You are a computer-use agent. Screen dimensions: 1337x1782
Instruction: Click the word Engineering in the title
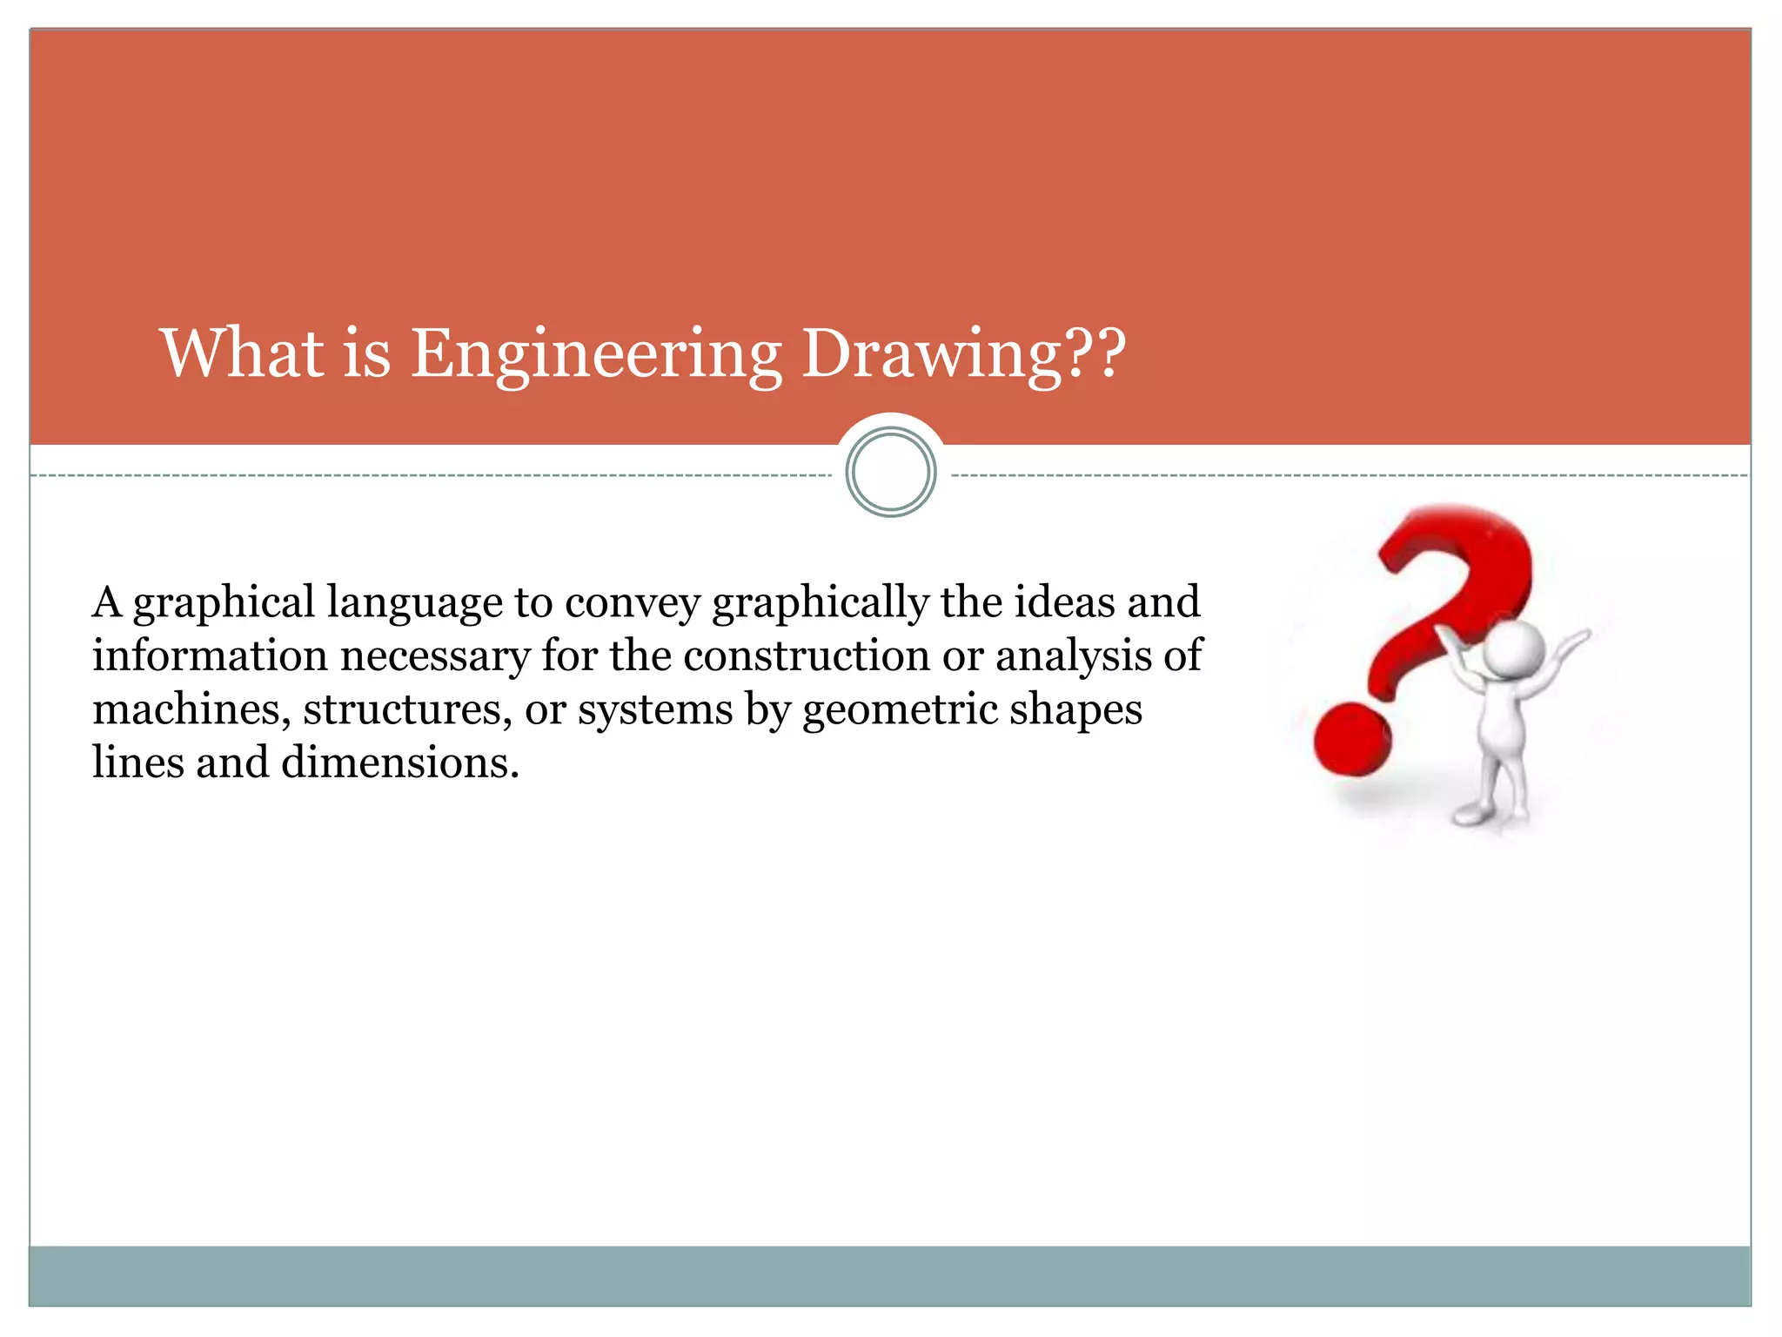pos(595,355)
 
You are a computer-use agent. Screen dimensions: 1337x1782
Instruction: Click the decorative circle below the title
pos(890,473)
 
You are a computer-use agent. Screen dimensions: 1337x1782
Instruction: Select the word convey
pos(633,604)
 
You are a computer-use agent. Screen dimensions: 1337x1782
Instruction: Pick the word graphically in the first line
pos(821,604)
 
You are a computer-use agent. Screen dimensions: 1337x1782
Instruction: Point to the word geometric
pos(899,711)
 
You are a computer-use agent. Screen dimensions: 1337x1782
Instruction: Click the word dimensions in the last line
pos(399,763)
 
